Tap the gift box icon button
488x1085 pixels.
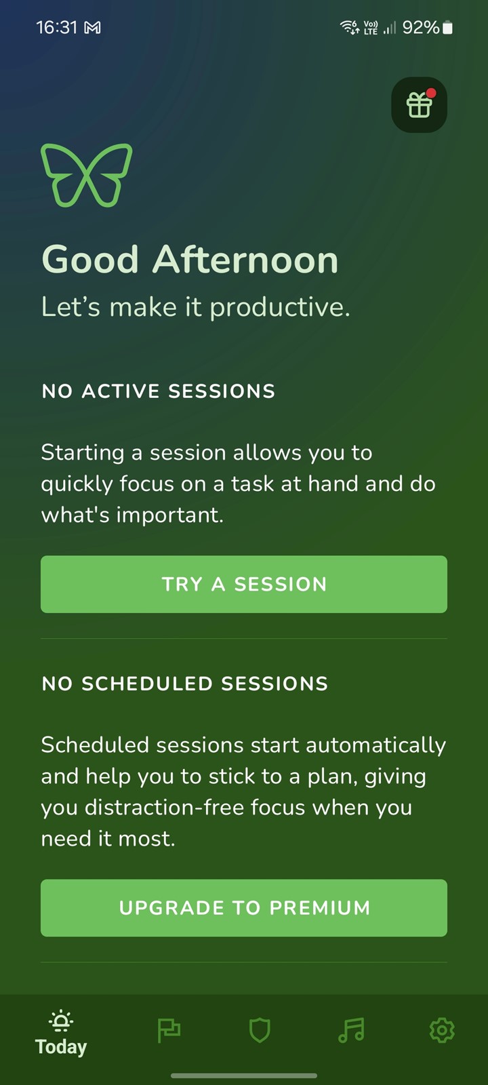pos(419,104)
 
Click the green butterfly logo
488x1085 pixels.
pos(86,175)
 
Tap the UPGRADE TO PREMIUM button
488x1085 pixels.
pos(244,908)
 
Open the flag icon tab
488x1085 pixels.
pos(169,1031)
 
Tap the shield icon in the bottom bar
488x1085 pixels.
pos(260,1030)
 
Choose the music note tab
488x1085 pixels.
pos(351,1030)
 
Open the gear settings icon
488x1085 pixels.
pos(442,1030)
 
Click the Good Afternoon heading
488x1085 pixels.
pos(190,260)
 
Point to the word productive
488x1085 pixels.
pos(279,308)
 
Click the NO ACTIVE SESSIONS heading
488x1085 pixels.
pos(159,391)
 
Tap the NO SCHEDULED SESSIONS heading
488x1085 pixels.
pos(185,684)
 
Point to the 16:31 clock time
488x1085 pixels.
pos(57,27)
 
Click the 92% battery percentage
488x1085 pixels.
pos(421,27)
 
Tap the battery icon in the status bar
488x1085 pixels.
pos(448,28)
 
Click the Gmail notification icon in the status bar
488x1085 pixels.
pos(92,28)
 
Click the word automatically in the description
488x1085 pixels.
pos(375,746)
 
